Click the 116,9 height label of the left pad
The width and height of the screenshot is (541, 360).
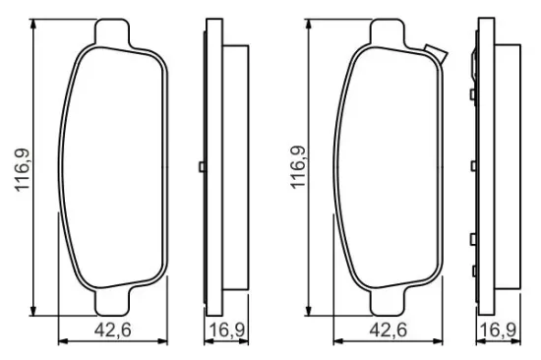22,170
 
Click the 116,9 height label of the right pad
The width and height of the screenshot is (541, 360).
298,167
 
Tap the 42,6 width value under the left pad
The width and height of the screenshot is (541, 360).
113,330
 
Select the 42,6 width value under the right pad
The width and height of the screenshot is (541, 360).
389,330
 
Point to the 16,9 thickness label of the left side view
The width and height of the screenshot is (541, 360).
227,330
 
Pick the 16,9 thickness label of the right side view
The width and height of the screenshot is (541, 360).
499,330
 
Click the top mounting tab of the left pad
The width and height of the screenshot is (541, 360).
112,32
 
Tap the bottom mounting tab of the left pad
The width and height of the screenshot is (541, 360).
112,301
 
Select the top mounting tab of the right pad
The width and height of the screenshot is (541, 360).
388,32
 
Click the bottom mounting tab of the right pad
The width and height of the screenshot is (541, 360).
388,301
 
